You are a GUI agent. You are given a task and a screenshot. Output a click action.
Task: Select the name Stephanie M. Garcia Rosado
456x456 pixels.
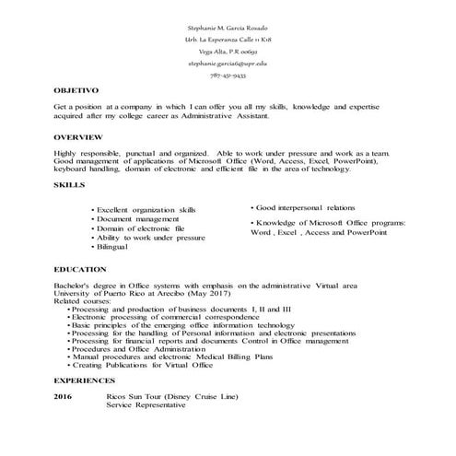tap(228, 29)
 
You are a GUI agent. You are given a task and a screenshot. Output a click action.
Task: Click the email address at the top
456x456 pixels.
tap(228, 64)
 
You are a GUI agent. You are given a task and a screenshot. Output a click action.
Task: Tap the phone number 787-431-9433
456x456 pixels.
tap(228, 76)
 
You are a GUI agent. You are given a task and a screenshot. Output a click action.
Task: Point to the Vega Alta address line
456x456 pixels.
tap(228, 53)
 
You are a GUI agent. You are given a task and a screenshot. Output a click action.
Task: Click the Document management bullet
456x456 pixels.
tap(137, 219)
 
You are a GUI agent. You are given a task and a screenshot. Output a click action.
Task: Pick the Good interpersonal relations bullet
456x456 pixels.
tap(308, 207)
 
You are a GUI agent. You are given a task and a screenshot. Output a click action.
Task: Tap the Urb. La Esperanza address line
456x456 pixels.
tap(228, 41)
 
